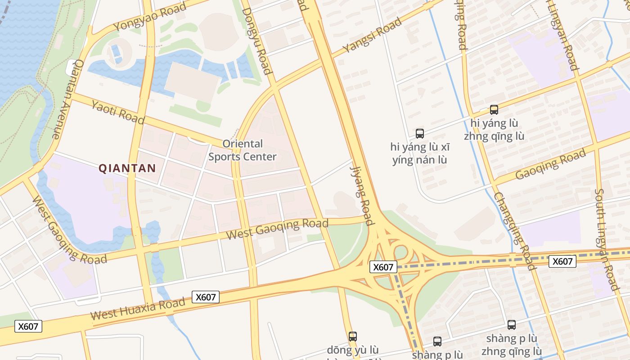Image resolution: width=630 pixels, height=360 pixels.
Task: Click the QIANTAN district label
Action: click(x=127, y=168)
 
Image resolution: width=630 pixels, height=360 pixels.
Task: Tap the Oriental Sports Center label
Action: click(x=243, y=150)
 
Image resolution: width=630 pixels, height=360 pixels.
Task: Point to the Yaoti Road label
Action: click(x=118, y=112)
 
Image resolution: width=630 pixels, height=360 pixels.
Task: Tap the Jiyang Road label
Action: click(x=362, y=195)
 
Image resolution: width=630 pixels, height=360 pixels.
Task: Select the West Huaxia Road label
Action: click(x=138, y=309)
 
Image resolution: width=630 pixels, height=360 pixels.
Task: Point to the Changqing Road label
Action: click(x=515, y=231)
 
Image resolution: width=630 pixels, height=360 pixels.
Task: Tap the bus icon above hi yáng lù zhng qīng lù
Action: click(x=494, y=109)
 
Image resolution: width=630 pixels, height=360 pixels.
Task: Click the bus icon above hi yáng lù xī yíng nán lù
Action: click(x=420, y=133)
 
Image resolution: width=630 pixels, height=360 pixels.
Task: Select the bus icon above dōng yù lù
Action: click(x=353, y=336)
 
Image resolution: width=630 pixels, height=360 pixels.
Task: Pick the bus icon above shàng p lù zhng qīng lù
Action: click(x=512, y=324)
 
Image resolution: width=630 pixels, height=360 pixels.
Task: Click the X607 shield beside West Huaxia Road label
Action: click(x=206, y=297)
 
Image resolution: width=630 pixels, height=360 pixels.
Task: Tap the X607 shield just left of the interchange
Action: click(x=383, y=267)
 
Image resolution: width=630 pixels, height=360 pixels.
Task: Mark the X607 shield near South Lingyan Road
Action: click(x=562, y=261)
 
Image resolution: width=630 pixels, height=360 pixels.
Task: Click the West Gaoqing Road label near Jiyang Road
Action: click(x=277, y=229)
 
